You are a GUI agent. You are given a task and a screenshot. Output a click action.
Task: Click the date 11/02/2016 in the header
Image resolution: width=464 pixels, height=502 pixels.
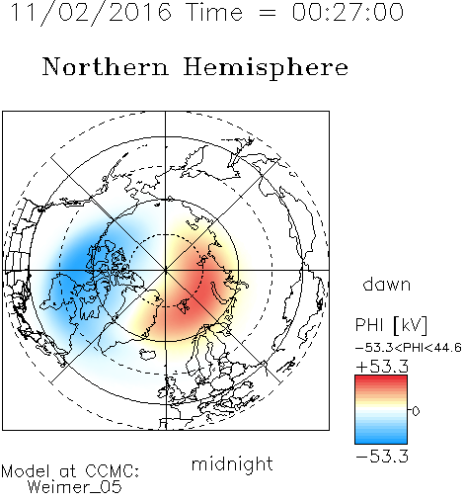click(x=91, y=13)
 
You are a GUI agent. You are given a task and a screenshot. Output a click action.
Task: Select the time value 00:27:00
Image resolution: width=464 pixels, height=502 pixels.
click(x=348, y=12)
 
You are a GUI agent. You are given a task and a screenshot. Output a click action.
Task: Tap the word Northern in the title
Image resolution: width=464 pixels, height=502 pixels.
click(x=106, y=66)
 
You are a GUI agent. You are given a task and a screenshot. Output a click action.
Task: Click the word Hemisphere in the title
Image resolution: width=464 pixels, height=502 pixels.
click(x=266, y=68)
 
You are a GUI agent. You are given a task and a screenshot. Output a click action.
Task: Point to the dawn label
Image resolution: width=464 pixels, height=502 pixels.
click(x=387, y=285)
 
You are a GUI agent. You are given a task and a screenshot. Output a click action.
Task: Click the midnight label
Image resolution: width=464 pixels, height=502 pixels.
click(x=232, y=464)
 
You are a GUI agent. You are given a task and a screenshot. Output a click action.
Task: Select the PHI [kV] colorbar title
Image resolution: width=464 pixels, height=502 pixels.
click(x=391, y=325)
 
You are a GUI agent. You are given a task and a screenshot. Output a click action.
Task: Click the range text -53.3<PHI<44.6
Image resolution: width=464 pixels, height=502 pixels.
click(x=409, y=348)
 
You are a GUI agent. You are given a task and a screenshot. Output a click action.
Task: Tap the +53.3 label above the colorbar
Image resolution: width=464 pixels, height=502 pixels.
click(x=382, y=367)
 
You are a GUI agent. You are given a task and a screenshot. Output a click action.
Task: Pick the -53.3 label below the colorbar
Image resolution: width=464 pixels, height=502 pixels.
click(x=382, y=457)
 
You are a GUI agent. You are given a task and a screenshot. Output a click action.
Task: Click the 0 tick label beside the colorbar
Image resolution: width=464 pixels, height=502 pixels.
click(x=416, y=411)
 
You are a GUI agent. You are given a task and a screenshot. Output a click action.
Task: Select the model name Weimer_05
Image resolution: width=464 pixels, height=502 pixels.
click(x=74, y=487)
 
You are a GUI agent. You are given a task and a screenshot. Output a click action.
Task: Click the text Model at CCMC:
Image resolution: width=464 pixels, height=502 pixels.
click(x=70, y=471)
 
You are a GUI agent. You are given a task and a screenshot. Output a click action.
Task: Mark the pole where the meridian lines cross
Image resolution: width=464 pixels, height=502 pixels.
click(x=166, y=271)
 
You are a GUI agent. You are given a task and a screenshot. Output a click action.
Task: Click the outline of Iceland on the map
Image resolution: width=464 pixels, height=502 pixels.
click(x=147, y=355)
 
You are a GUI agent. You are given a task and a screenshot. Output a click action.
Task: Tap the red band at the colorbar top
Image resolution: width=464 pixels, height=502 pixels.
click(x=381, y=378)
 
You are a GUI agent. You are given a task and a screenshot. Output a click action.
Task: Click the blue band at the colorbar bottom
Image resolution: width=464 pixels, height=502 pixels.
click(x=381, y=440)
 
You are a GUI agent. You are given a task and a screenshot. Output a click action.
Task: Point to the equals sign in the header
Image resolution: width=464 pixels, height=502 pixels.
click(x=267, y=13)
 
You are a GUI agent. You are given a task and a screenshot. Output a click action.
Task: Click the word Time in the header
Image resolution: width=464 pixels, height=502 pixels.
click(x=214, y=12)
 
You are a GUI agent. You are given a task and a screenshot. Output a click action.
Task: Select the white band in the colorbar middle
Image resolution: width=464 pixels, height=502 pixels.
click(x=381, y=410)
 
